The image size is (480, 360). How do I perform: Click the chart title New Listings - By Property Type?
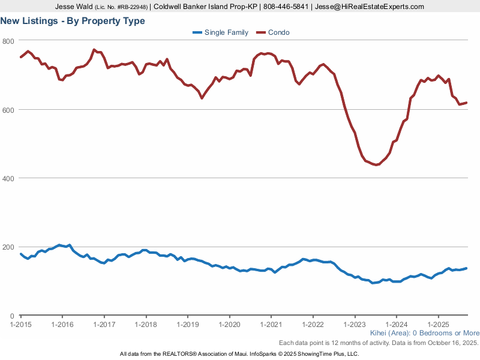click(72, 21)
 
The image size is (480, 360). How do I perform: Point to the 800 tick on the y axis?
click(8, 41)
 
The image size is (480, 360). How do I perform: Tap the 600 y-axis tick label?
click(8, 109)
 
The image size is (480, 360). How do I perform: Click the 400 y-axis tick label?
click(8, 178)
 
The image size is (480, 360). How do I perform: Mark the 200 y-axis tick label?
click(8, 247)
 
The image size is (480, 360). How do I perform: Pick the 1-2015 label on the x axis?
click(21, 324)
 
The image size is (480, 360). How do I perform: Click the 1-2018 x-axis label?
click(146, 324)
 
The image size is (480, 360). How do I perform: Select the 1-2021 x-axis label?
click(271, 324)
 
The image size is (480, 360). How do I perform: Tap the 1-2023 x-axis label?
click(354, 324)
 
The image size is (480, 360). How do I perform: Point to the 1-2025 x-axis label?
click(437, 324)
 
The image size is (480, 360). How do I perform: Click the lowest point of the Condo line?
click(376, 164)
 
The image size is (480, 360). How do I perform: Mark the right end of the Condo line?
click(467, 103)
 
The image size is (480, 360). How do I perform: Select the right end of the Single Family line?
click(467, 268)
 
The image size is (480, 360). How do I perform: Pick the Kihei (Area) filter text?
click(387, 333)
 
